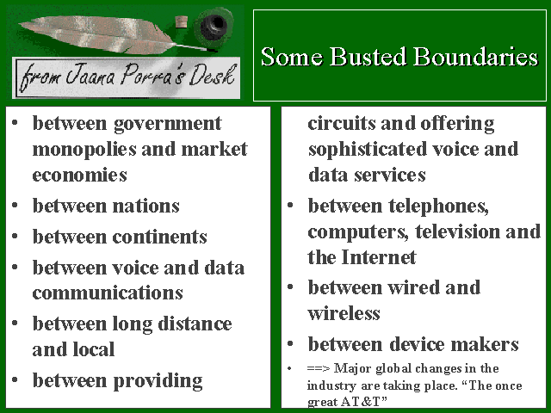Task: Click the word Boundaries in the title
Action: (x=475, y=57)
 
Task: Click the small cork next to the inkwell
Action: (x=182, y=22)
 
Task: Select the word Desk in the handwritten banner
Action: (x=212, y=75)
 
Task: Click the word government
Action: (x=168, y=124)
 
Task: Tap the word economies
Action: (x=79, y=176)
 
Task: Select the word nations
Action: (x=145, y=206)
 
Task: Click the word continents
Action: (x=159, y=237)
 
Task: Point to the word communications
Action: (x=108, y=293)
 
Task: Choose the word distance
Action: (x=195, y=324)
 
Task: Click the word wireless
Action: (x=344, y=313)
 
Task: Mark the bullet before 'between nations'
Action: (x=15, y=205)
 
